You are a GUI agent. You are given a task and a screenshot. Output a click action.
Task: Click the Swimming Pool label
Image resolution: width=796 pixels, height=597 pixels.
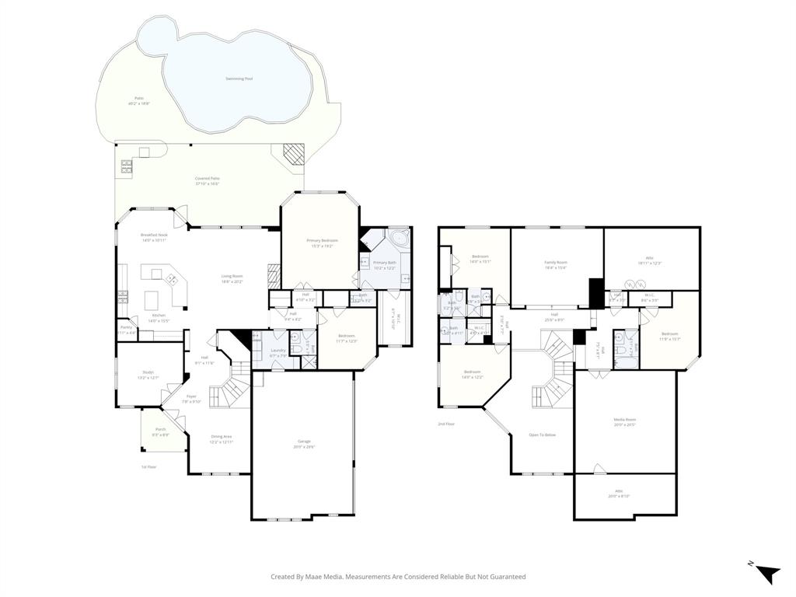tap(239, 79)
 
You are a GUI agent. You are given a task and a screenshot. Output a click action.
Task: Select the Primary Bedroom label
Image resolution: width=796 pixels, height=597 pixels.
tap(322, 242)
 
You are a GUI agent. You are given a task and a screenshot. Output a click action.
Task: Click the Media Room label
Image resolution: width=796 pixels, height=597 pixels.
tap(625, 419)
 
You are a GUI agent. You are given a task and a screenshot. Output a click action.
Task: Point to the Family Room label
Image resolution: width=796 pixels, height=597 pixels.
tap(556, 263)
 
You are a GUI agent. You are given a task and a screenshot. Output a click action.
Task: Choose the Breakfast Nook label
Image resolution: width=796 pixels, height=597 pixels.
tap(154, 235)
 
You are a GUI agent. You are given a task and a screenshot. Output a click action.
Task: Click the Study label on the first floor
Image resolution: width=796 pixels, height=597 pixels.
tap(147, 372)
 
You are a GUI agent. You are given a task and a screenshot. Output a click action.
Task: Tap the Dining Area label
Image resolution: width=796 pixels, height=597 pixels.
tap(222, 437)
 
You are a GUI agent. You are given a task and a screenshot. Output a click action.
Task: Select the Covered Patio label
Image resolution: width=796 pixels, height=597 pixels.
tap(207, 179)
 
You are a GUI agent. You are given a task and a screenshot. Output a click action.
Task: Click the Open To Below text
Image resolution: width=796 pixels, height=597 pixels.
tap(542, 435)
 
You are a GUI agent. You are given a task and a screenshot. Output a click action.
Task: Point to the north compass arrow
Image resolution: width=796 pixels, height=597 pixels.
tap(767, 574)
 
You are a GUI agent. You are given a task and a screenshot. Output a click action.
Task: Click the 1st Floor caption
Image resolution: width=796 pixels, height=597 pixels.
tap(148, 466)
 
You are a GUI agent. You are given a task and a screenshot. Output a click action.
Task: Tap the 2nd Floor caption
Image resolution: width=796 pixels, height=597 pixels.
tap(445, 424)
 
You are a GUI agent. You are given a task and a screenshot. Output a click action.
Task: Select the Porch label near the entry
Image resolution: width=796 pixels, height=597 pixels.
tap(161, 429)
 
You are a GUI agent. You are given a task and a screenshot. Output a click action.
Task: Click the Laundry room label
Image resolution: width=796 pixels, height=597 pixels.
tap(278, 351)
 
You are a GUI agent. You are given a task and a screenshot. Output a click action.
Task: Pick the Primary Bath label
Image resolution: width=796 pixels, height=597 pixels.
tap(385, 263)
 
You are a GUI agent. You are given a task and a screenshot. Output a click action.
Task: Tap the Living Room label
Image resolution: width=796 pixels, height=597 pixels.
tap(232, 276)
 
